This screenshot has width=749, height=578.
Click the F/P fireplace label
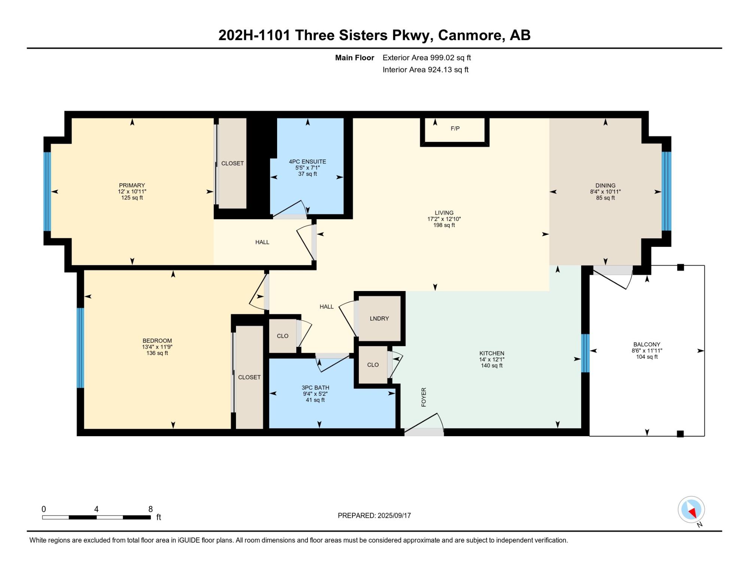point(455,129)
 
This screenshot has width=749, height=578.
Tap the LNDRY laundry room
point(379,318)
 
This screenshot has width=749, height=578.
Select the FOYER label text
point(424,397)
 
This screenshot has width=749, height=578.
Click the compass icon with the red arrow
point(691,510)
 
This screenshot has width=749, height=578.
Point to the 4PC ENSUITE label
point(307,162)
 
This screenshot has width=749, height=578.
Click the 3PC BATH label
point(315,388)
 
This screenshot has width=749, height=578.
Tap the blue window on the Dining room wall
point(666,191)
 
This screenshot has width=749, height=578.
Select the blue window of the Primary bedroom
point(47,192)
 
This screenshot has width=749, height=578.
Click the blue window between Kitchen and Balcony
point(585,353)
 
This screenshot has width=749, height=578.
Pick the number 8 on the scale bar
point(151,509)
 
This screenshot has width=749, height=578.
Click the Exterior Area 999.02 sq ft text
point(427,58)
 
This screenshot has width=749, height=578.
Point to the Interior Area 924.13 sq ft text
point(425,70)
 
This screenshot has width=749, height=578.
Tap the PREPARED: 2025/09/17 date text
point(374,516)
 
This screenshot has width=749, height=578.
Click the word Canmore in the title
point(470,35)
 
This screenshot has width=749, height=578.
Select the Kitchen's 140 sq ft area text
point(492,366)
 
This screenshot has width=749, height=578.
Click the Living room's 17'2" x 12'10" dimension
point(444,219)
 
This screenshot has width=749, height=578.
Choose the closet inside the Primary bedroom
point(233,163)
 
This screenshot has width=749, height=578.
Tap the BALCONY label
point(647,344)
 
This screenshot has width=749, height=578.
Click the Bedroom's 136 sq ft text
point(157,353)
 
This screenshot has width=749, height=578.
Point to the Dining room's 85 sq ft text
point(606,198)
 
